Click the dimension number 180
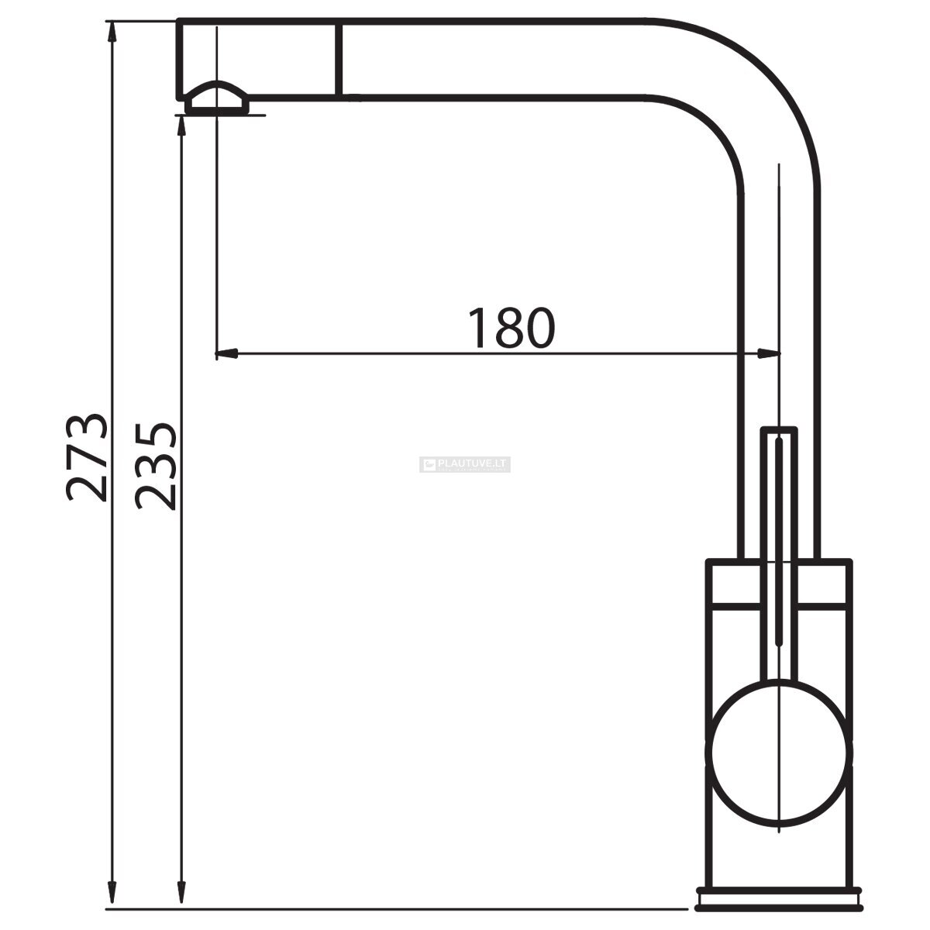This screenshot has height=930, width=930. [x=512, y=328]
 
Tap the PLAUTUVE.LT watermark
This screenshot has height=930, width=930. [x=465, y=464]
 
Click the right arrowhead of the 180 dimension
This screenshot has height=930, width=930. [x=768, y=353]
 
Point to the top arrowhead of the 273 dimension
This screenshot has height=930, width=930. [x=112, y=33]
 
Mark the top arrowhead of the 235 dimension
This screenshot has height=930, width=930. [x=181, y=127]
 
